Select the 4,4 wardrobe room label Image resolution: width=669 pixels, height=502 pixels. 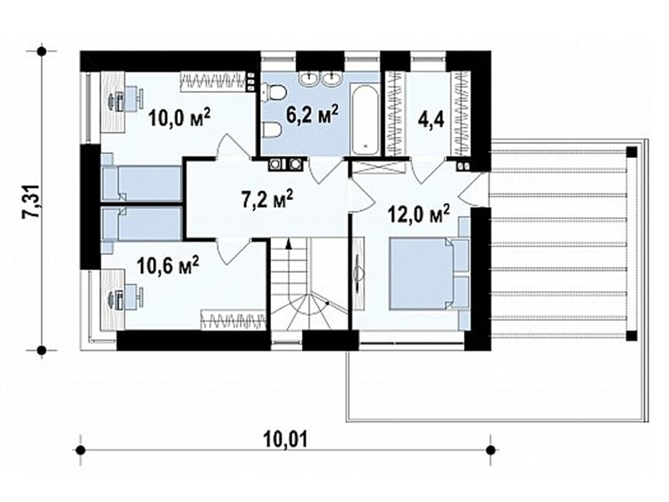coord(431,119)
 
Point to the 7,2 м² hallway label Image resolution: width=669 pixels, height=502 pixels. coord(267,200)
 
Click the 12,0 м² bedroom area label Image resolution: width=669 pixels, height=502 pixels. coord(419,214)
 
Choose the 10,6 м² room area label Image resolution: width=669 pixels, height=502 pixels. coord(168,266)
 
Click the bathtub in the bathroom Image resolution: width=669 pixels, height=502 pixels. coord(365,120)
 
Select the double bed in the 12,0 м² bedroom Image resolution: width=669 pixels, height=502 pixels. coord(429,273)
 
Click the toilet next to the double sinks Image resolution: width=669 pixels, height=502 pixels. coord(274,93)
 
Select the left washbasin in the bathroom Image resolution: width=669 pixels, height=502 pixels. coord(309,78)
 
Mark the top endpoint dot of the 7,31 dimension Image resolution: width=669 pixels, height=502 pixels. coord(41,51)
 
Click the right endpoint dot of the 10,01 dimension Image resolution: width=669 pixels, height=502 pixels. coord(491,449)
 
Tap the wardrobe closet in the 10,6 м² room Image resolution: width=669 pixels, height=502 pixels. coord(234,320)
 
